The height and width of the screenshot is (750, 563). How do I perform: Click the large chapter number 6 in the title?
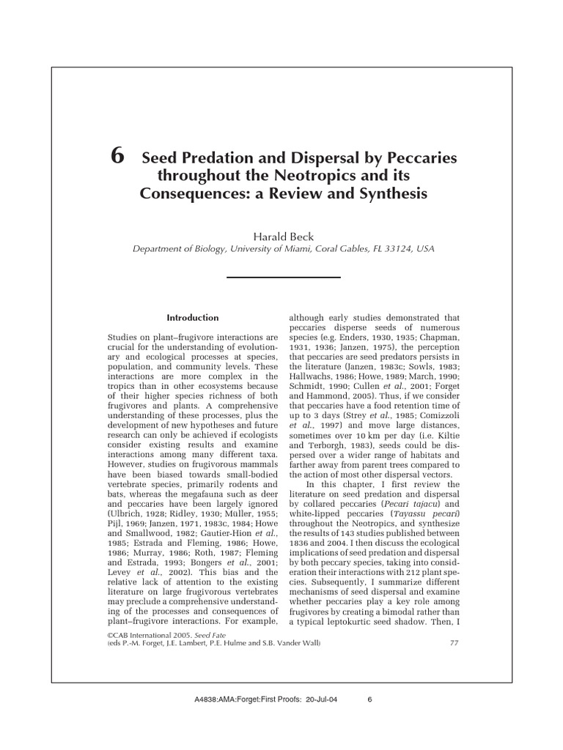[x=116, y=157]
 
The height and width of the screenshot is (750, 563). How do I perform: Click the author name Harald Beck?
[x=283, y=236]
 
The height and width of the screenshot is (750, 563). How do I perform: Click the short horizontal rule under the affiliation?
[x=283, y=277]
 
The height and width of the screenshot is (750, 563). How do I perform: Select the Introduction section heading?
[x=193, y=318]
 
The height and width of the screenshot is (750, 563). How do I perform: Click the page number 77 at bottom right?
[x=452, y=642]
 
